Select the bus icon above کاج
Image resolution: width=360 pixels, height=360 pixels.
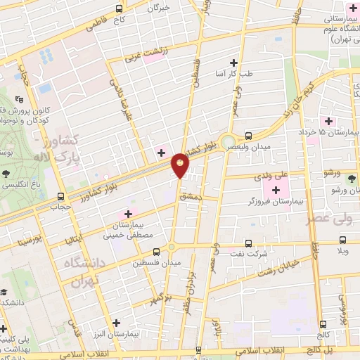pos(118,9)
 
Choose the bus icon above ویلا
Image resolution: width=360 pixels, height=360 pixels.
pos(343,239)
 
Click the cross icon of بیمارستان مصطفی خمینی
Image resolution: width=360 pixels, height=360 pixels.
pos(128,214)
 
